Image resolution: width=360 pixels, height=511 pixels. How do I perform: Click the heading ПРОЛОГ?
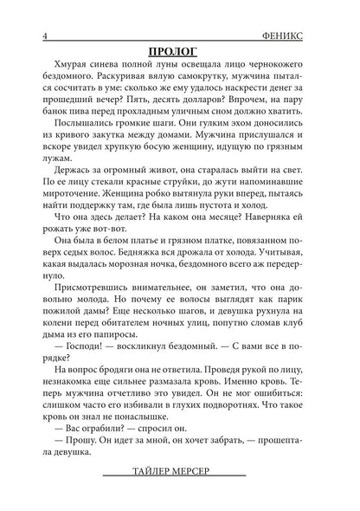[x=180, y=50]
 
